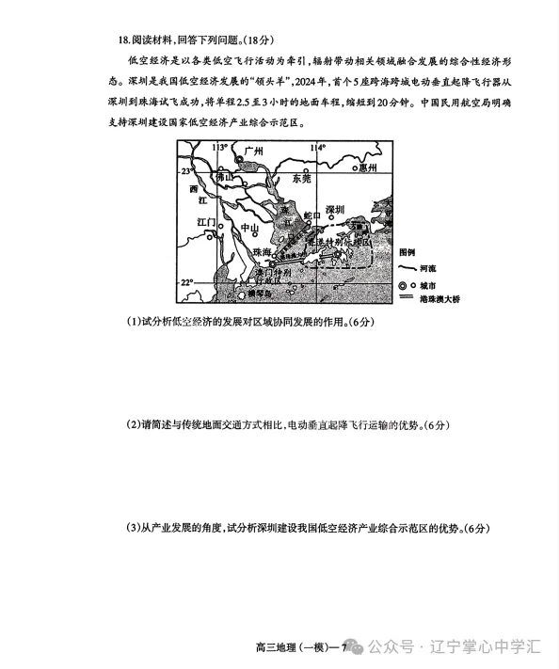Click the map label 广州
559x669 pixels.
(253, 151)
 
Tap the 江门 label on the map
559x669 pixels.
(206, 222)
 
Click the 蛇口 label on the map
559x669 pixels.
(311, 215)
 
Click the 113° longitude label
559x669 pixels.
(219, 148)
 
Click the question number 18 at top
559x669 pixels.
(123, 40)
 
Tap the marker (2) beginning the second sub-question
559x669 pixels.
(133, 425)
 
